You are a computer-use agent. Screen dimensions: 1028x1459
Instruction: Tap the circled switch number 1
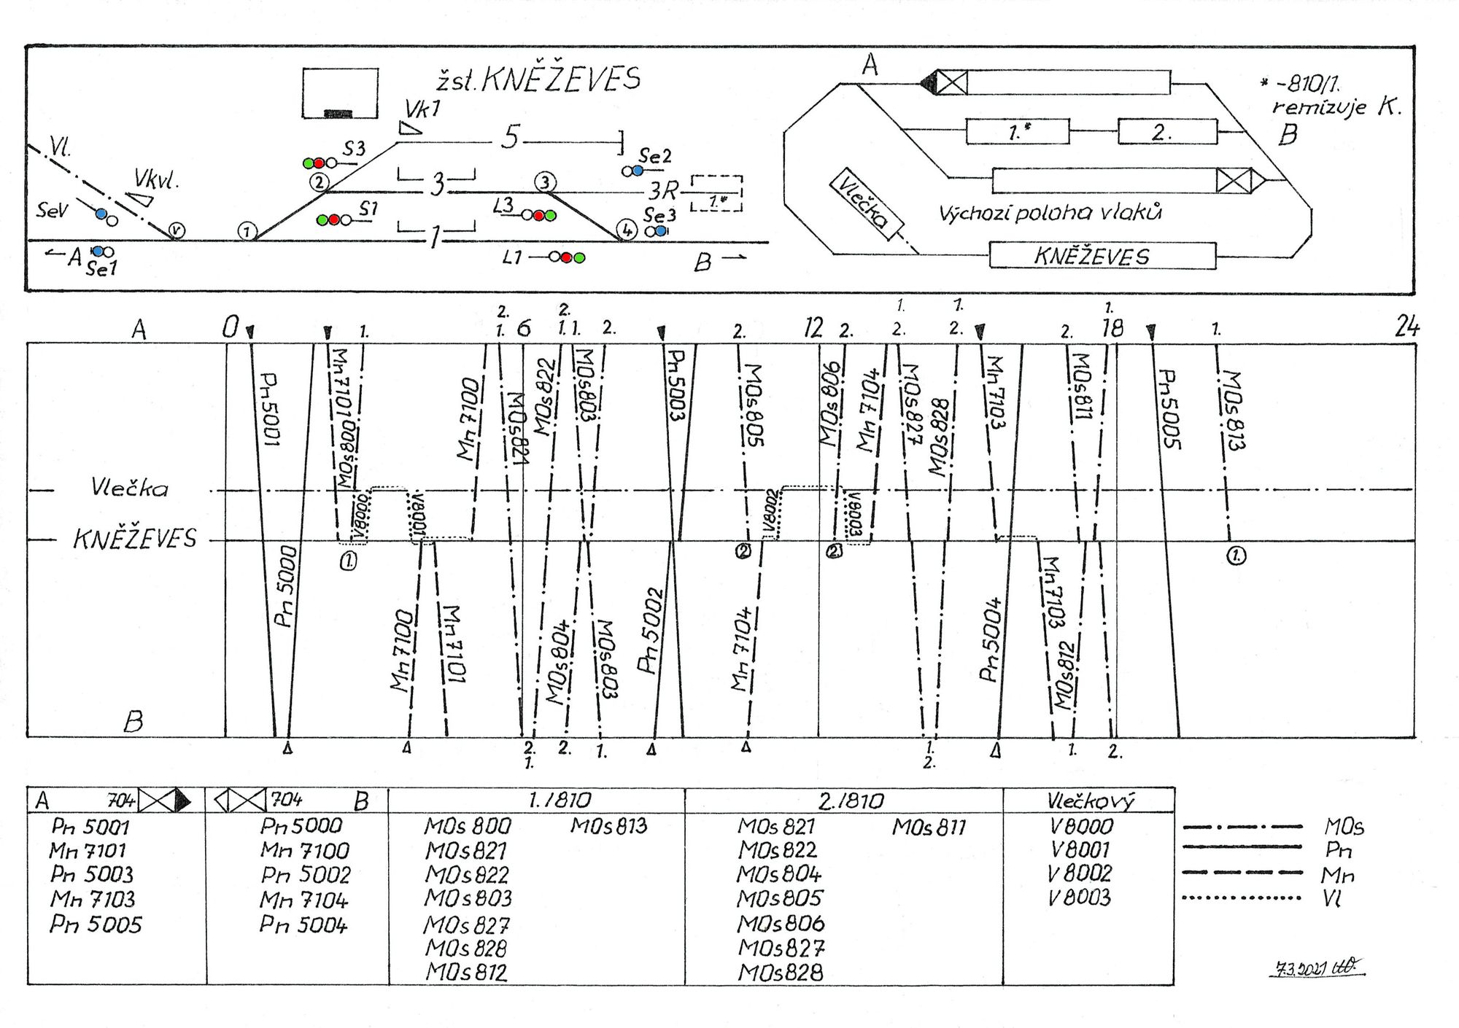click(x=247, y=232)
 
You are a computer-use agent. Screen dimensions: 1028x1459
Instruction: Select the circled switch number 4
click(x=626, y=230)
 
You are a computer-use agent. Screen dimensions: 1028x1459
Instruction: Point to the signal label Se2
click(x=654, y=156)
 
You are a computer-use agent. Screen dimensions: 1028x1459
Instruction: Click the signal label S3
click(x=354, y=149)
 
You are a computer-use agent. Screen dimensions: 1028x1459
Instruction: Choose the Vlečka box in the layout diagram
click(x=866, y=200)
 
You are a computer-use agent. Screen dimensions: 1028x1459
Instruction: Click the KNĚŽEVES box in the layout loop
click(x=1102, y=256)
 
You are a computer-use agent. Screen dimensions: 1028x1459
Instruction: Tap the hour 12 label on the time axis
click(x=813, y=329)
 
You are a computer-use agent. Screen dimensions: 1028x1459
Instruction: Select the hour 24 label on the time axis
click(x=1407, y=327)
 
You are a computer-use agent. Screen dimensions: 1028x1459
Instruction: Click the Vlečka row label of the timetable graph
click(x=130, y=488)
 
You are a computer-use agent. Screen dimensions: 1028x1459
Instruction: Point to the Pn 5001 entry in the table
click(x=90, y=827)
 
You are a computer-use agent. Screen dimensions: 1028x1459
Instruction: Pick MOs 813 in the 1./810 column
click(x=608, y=826)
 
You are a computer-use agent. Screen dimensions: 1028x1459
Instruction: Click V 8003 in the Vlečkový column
click(x=1079, y=897)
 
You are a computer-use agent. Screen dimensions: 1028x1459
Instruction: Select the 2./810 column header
click(x=851, y=801)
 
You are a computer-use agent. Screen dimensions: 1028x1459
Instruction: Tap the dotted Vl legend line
click(x=1241, y=897)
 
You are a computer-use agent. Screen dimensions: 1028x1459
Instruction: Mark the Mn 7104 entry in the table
click(x=304, y=900)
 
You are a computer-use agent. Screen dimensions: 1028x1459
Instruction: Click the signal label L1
click(x=512, y=257)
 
